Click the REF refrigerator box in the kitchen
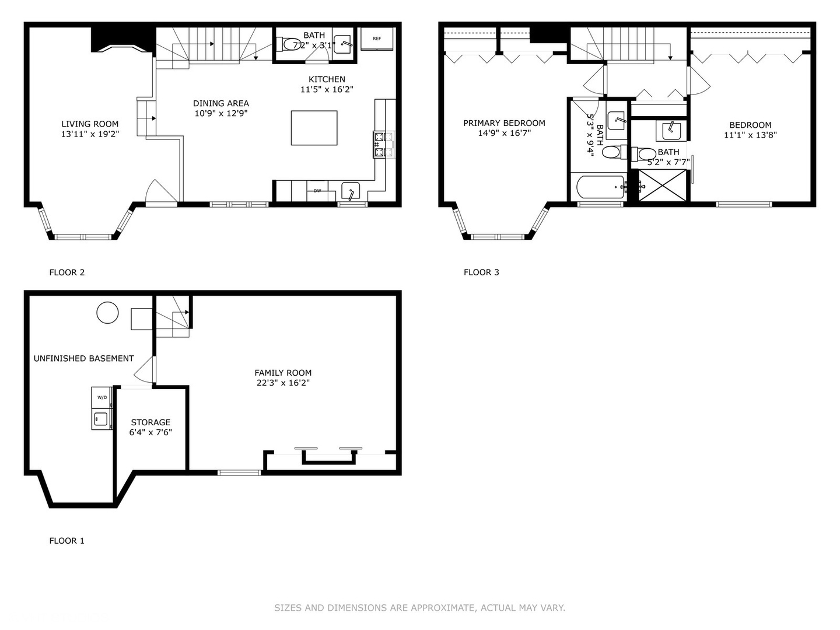coord(377,39)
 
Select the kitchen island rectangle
coord(314,128)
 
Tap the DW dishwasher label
coord(317,190)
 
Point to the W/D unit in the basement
coord(102,398)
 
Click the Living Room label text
coord(90,124)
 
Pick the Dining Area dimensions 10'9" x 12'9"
coord(221,114)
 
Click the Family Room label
coord(283,373)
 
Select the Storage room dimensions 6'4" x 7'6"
coord(150,433)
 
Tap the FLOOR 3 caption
coord(481,272)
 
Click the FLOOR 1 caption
coord(66,541)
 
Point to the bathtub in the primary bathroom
coord(601,188)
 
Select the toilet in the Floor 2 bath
coord(290,44)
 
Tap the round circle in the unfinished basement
coord(107,313)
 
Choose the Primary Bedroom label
coord(504,123)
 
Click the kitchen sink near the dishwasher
coord(351,190)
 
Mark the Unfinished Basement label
coord(83,359)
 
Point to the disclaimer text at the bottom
coord(419,608)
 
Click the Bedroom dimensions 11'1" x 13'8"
coord(750,135)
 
